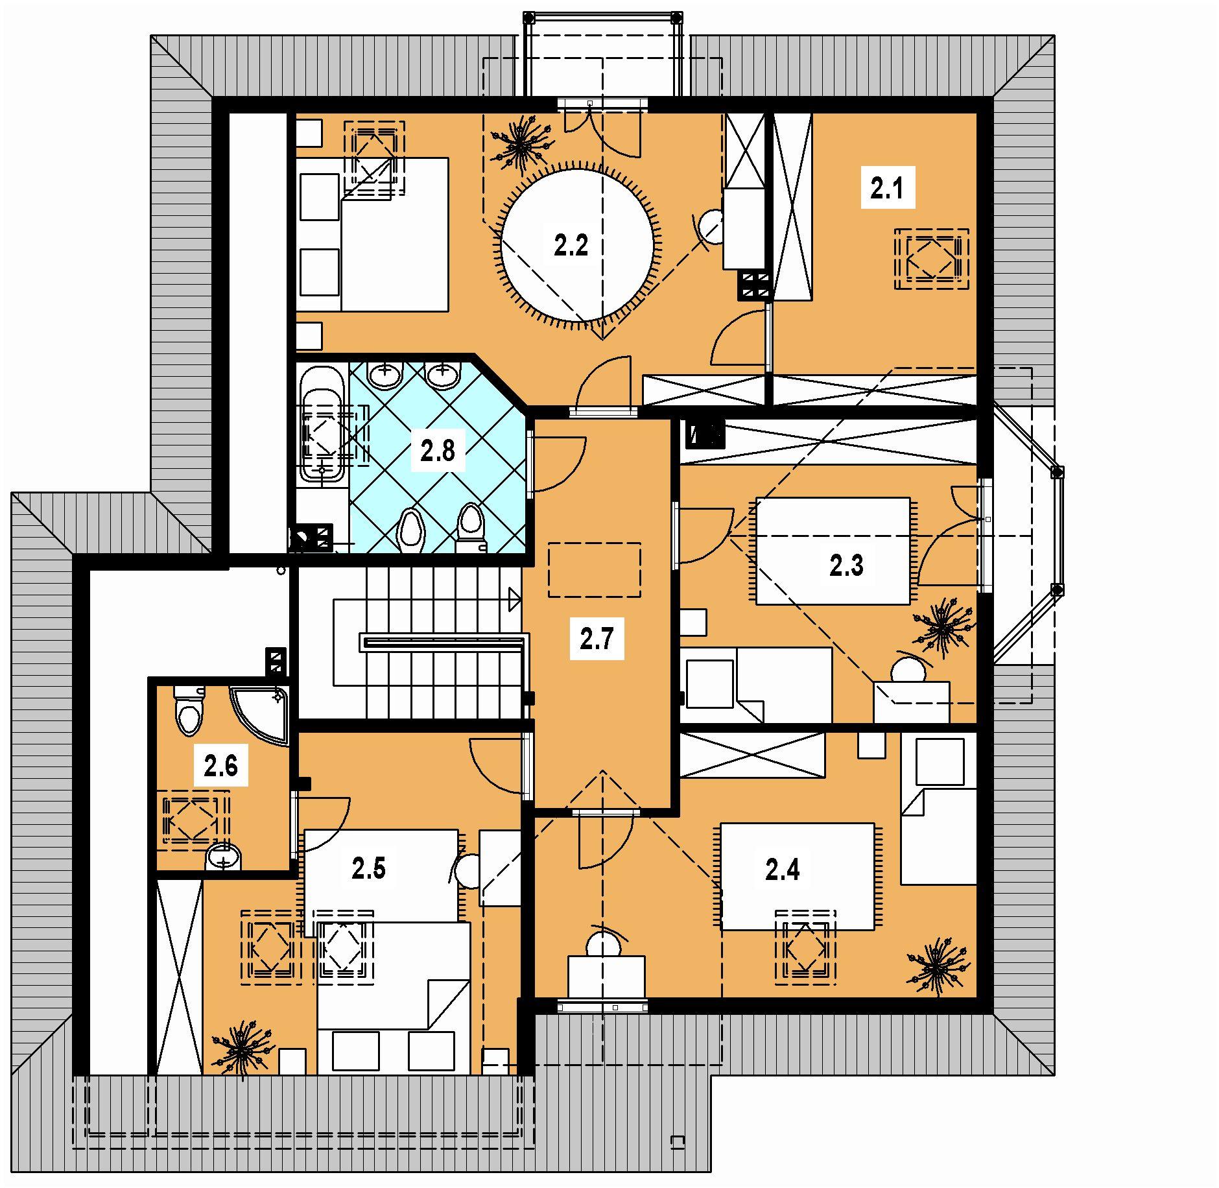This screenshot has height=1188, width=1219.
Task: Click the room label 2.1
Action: [887, 190]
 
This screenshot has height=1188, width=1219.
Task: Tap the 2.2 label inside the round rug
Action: [571, 246]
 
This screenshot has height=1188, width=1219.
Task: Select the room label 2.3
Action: [847, 566]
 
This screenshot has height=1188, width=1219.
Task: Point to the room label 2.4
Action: [783, 870]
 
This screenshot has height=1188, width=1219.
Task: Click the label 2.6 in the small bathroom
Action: [220, 766]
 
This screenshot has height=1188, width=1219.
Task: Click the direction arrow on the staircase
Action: [514, 599]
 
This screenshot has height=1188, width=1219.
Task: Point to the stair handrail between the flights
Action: [441, 643]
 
